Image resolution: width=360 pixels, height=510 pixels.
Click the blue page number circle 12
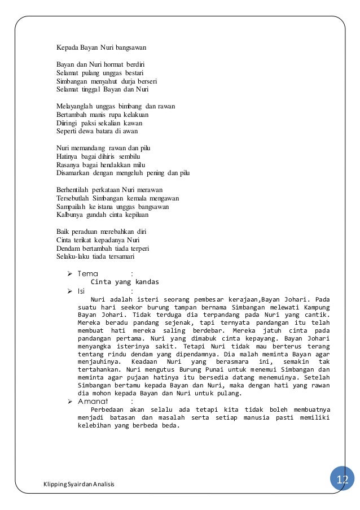343,480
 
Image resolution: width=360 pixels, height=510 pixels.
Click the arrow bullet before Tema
70,274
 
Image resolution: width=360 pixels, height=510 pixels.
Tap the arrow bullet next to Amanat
70,401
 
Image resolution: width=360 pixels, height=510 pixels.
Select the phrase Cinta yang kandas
125,282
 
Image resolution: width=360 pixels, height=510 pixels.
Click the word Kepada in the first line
67,49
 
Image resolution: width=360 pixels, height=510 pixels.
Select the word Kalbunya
69,215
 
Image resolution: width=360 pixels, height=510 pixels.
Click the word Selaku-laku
72,256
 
